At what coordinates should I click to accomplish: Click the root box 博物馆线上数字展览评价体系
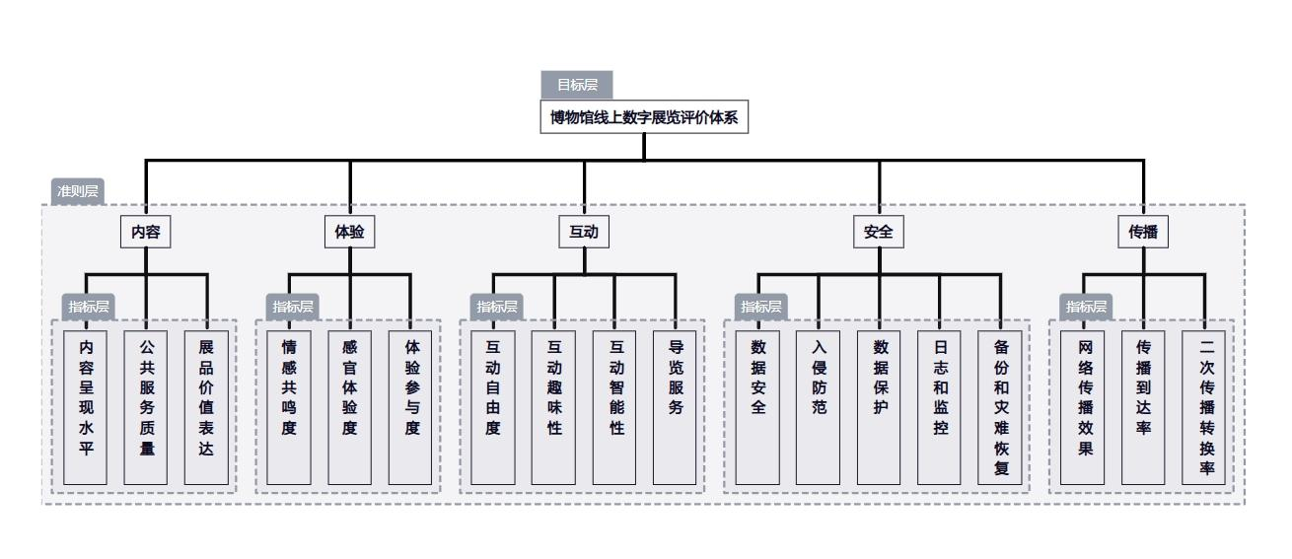tap(644, 118)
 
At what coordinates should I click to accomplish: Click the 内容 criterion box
tap(145, 233)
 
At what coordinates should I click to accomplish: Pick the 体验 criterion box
tap(349, 233)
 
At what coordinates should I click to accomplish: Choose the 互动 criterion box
tap(584, 233)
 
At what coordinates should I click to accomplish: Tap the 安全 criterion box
tap(878, 233)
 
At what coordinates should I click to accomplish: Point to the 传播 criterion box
tap(1143, 233)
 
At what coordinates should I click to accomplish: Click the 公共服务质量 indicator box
tap(146, 407)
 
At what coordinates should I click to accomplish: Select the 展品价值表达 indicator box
tap(206, 407)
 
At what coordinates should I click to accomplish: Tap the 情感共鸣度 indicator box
tap(288, 407)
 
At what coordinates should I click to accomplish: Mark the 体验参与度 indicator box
tap(411, 407)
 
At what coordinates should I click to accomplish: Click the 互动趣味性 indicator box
tap(553, 407)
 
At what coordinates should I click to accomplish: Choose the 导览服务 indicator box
tap(676, 407)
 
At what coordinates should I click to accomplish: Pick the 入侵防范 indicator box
tap(818, 407)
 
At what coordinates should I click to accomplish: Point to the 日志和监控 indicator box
tap(940, 407)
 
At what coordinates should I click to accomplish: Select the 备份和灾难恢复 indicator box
tap(1001, 407)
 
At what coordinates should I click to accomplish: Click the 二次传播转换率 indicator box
tap(1205, 407)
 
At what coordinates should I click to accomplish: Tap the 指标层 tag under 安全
tap(761, 307)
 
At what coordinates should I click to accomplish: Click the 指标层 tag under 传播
tap(1086, 307)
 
